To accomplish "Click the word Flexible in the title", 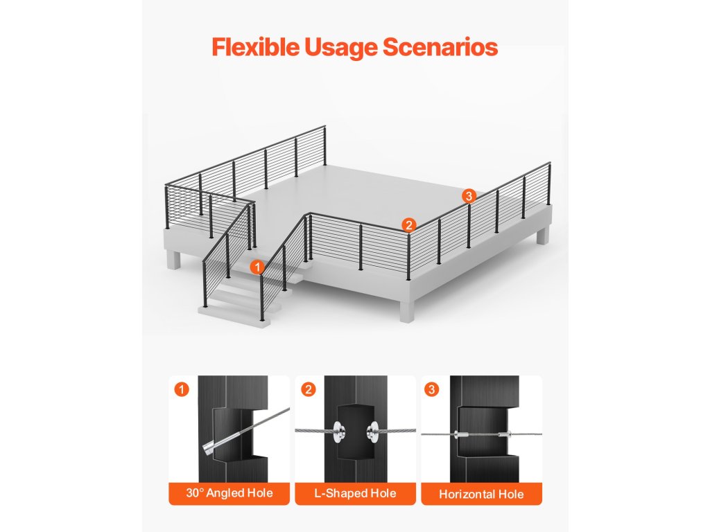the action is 255,47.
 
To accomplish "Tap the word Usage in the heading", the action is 341,48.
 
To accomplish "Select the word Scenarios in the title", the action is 440,47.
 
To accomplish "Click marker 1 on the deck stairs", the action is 257,267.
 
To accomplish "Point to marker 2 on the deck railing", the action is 408,225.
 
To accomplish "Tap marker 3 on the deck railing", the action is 469,196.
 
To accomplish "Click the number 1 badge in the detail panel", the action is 182,389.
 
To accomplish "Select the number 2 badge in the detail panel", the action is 309,389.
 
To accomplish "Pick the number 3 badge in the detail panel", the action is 431,389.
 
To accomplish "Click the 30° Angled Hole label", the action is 229,493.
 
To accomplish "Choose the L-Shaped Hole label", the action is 355,493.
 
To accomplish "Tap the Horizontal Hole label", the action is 481,494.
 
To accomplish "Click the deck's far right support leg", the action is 544,236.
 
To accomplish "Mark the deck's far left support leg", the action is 173,260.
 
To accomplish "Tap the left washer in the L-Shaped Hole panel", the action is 338,431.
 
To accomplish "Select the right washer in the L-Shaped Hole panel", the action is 372,431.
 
